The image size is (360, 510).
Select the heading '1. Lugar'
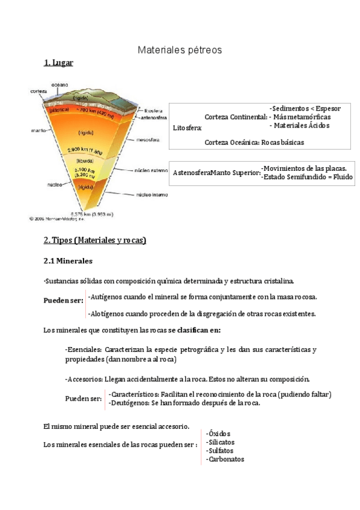(58, 63)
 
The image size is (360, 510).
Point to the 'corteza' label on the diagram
(39, 91)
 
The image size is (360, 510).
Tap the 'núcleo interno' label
(152, 195)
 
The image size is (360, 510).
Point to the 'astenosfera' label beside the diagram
(153, 118)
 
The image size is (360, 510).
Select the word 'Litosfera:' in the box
(188, 127)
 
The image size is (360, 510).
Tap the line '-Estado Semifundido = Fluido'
(307, 177)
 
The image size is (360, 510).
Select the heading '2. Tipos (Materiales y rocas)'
(95, 240)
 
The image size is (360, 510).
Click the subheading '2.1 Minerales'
(68, 262)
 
